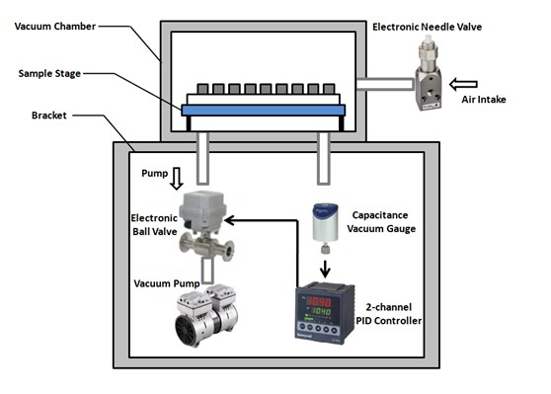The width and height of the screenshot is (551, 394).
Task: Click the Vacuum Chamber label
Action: click(55, 27)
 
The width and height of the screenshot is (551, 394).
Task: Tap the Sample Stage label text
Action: click(49, 73)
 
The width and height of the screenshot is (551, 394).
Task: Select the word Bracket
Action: click(48, 116)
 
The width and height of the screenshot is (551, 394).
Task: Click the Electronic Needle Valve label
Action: click(427, 27)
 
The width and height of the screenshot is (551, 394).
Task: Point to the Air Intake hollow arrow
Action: click(463, 84)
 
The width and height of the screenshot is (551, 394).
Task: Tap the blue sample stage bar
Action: click(264, 111)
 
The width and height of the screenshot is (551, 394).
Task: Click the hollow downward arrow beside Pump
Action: click(177, 179)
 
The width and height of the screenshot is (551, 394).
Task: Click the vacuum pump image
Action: click(206, 315)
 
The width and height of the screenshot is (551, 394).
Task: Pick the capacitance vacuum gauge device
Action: click(326, 228)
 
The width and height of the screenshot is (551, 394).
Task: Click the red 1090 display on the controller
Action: click(319, 301)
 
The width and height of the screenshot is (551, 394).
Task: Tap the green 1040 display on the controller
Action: click(321, 311)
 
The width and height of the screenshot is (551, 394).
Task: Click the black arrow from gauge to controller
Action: click(325, 269)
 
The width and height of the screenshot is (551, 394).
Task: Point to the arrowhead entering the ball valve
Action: click(229, 220)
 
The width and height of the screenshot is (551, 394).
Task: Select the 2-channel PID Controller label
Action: click(389, 314)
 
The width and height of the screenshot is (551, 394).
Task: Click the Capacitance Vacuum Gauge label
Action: click(381, 222)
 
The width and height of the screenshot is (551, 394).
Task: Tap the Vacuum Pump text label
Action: click(167, 283)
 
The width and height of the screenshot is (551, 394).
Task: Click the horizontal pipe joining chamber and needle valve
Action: click(385, 84)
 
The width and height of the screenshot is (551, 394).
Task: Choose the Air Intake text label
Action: click(484, 100)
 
